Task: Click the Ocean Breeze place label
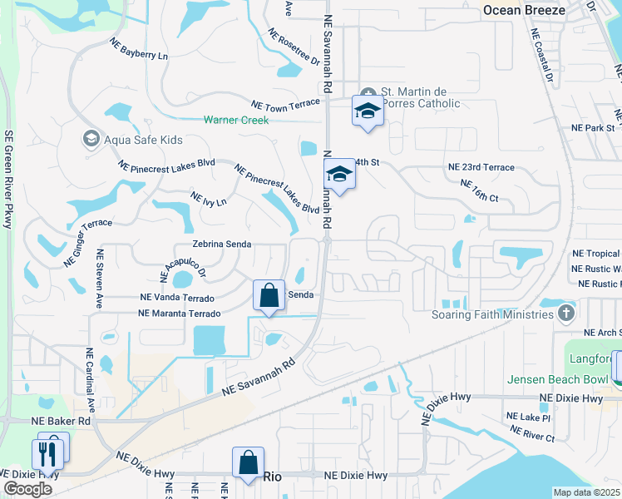pos(524,10)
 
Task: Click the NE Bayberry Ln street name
pos(139,49)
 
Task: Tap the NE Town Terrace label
pos(285,102)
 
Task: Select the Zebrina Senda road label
pos(221,245)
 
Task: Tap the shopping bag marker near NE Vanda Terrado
pos(269,295)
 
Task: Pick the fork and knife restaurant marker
pos(47,453)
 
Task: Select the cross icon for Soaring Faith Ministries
pos(566,314)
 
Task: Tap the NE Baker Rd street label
pos(61,422)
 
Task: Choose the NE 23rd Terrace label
pos(481,167)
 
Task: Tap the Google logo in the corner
pos(27,488)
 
